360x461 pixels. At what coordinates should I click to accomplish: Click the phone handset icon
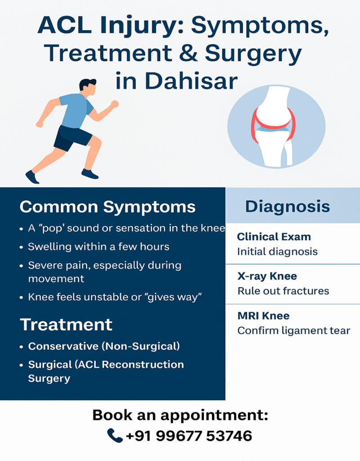pyautogui.click(x=115, y=435)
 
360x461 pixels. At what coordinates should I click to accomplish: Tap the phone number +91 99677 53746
pyautogui.click(x=189, y=436)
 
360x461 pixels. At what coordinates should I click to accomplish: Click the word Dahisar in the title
pyautogui.click(x=191, y=81)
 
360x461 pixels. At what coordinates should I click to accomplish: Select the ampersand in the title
pyautogui.click(x=188, y=53)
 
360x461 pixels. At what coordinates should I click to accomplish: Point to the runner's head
pyautogui.click(x=88, y=87)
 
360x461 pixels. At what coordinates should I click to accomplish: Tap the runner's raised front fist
pyautogui.click(x=114, y=104)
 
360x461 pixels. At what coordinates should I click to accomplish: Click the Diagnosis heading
pyautogui.click(x=288, y=206)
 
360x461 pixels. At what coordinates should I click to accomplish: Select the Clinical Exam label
pyautogui.click(x=274, y=237)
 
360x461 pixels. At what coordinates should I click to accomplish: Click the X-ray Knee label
pyautogui.click(x=267, y=276)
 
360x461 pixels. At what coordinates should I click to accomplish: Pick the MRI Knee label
pyautogui.click(x=263, y=316)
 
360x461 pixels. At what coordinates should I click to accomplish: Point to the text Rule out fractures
pyautogui.click(x=283, y=291)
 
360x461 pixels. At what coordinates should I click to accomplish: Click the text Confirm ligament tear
pyautogui.click(x=294, y=331)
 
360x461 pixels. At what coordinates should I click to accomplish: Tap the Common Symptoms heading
pyautogui.click(x=108, y=207)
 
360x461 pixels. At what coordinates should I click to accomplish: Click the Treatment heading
pyautogui.click(x=66, y=325)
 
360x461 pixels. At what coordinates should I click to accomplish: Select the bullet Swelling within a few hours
pyautogui.click(x=99, y=246)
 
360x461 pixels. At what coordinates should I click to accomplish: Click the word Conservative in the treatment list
pyautogui.click(x=63, y=346)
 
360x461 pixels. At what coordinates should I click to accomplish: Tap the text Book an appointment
pyautogui.click(x=180, y=416)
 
